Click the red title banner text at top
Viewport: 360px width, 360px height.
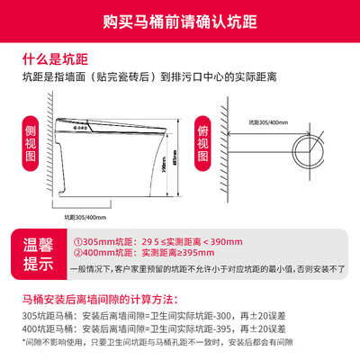180,17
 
